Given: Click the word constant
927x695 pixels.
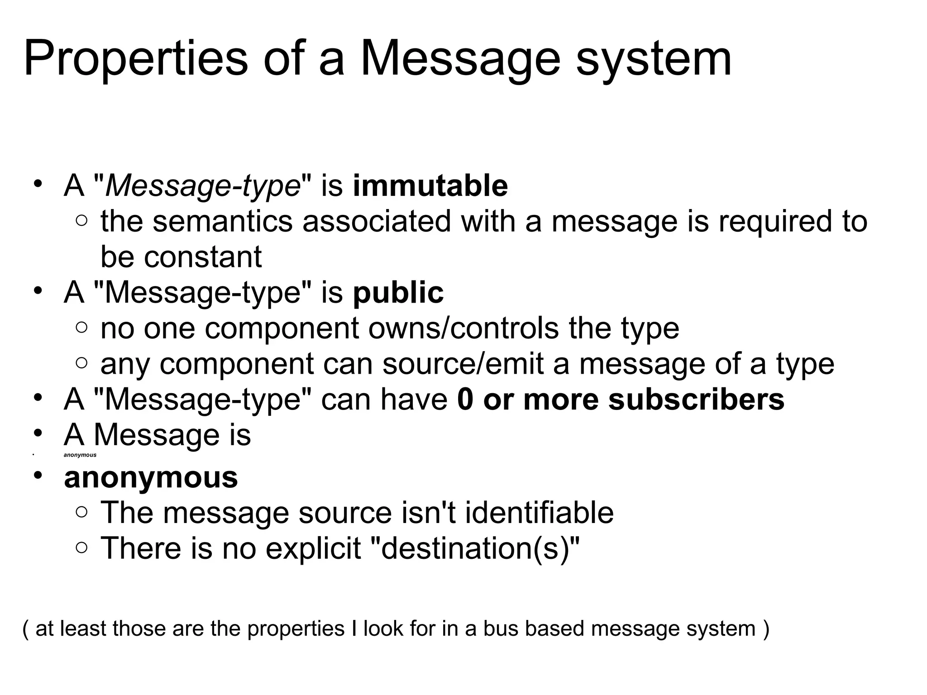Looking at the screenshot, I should click(x=203, y=257).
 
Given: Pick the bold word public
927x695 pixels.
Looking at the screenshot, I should click(x=398, y=292).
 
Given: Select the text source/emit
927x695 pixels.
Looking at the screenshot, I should click(x=463, y=364).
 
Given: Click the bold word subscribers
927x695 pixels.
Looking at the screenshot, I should click(x=696, y=400).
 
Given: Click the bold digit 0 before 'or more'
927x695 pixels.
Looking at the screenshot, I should click(x=465, y=400).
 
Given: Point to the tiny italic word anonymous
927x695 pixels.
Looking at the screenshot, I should click(x=80, y=455).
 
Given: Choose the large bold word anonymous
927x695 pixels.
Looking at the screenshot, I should click(x=151, y=477).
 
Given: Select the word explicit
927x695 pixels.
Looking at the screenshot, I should click(x=313, y=548).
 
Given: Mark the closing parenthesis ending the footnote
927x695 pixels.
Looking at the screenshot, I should click(x=765, y=628).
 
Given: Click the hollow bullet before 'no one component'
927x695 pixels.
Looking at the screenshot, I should click(x=81, y=328).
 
